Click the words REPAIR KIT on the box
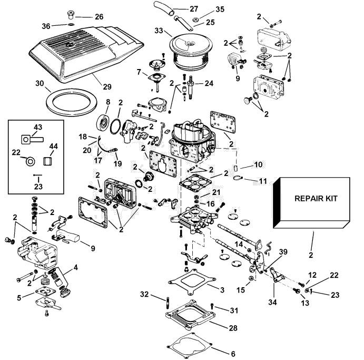[x=316, y=199]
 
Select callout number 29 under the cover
[x=107, y=87]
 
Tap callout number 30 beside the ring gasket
[x=40, y=83]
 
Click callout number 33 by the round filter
[x=159, y=31]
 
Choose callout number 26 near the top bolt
[x=99, y=17]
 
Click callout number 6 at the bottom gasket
[x=233, y=354]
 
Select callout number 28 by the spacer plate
[x=233, y=328]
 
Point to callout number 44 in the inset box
[x=53, y=146]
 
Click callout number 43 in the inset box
[x=38, y=127]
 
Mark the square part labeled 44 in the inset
[x=47, y=161]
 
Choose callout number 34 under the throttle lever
[x=272, y=302]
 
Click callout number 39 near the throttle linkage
[x=283, y=252]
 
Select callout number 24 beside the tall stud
[x=209, y=83]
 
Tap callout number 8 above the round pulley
[x=108, y=102]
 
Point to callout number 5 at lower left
[x=19, y=298]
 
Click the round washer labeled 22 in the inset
[x=30, y=161]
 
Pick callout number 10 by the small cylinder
[x=258, y=164]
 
